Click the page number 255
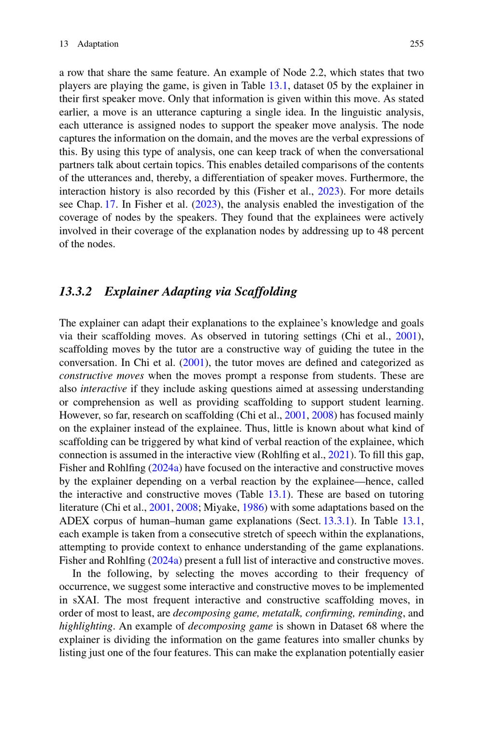[416, 44]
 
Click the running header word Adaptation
[98, 44]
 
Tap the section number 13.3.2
[75, 292]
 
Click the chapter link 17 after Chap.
[110, 204]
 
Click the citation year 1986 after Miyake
[254, 507]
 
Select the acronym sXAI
[81, 600]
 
